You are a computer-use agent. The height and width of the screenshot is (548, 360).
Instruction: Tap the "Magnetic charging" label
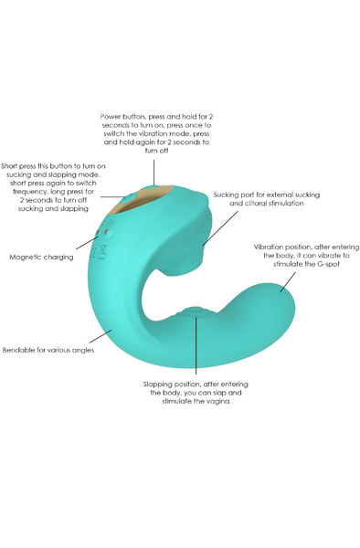[x=42, y=257]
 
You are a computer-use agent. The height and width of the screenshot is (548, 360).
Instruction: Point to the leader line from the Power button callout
[x=154, y=174]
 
